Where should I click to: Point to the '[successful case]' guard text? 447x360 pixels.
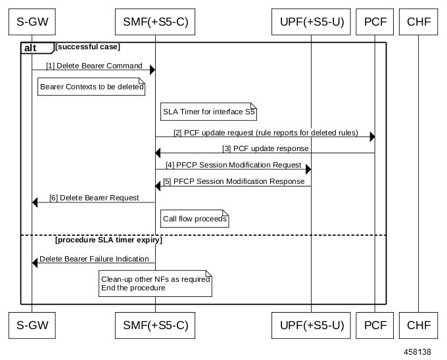pos(87,47)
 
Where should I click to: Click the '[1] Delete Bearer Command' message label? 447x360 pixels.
pos(93,66)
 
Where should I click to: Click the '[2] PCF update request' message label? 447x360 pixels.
pos(265,133)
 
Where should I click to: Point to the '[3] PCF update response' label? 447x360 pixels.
pos(265,148)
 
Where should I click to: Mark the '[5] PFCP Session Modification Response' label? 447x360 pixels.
pos(233,181)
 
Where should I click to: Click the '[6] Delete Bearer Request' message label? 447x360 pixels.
pos(94,198)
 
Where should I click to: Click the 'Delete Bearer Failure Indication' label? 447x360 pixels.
pos(94,258)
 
